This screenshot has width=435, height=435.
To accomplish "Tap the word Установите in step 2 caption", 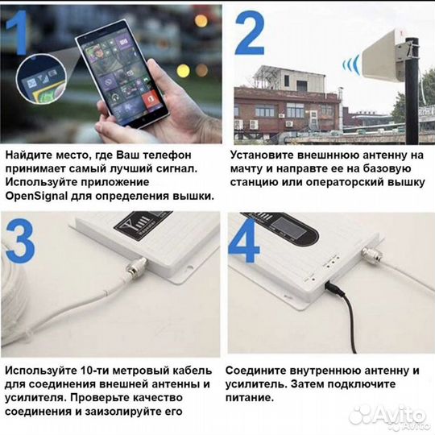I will pos(261,153).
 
